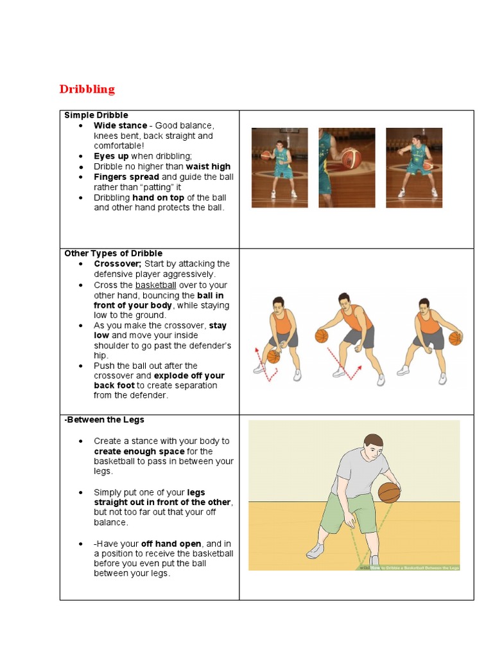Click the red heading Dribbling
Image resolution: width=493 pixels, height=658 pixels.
click(87, 89)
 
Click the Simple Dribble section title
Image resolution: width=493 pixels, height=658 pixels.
click(96, 115)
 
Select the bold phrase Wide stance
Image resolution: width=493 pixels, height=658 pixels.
click(120, 125)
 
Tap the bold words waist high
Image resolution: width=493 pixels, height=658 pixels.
click(208, 166)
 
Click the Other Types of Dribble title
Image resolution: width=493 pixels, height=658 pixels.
click(113, 253)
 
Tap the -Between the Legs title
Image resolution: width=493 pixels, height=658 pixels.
click(104, 420)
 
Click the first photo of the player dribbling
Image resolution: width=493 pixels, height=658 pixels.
click(279, 167)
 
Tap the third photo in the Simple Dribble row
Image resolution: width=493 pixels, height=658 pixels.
click(413, 167)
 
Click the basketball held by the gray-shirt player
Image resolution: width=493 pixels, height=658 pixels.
click(389, 492)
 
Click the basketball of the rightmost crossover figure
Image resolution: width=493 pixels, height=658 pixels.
click(455, 338)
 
